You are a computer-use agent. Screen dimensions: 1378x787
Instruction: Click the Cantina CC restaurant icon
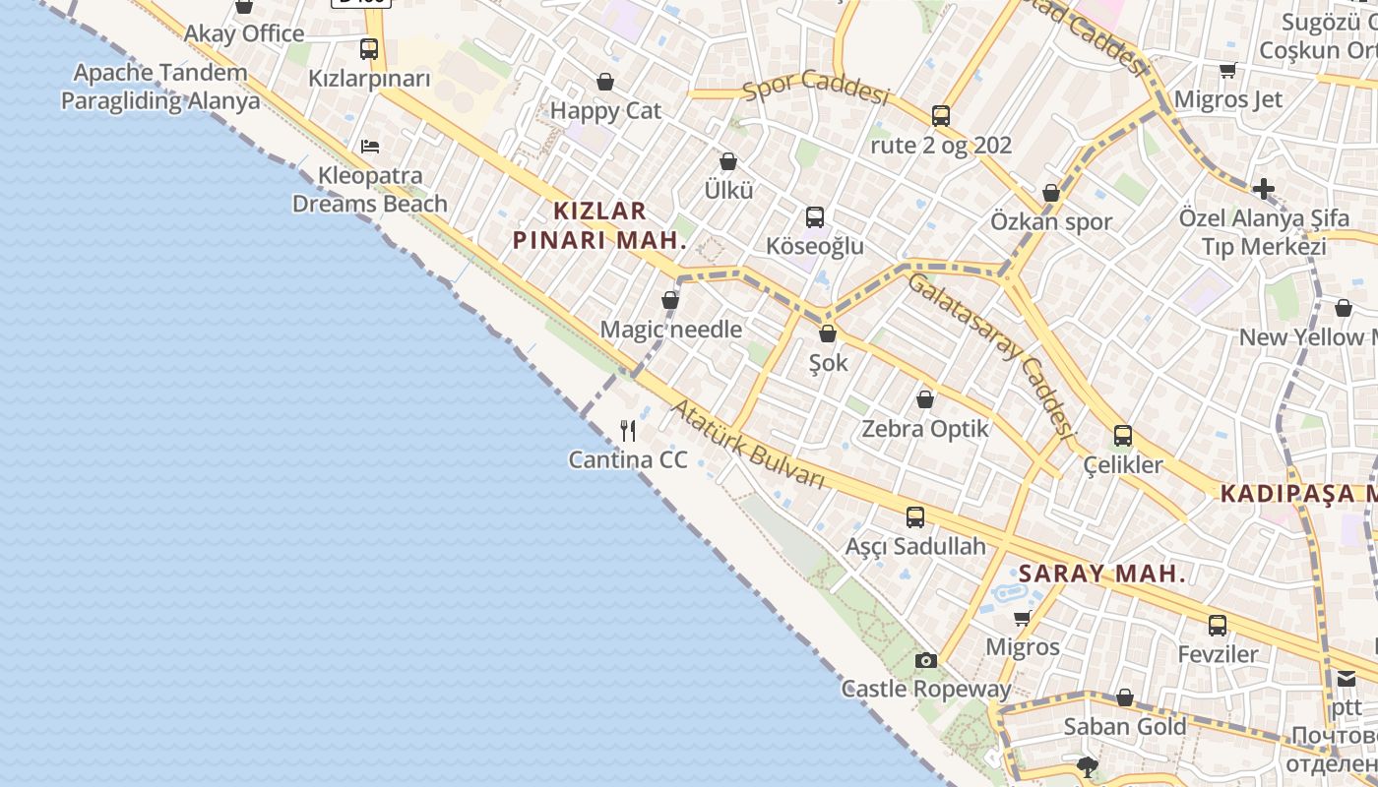point(628,431)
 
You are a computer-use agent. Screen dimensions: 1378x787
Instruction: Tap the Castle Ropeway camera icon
point(925,660)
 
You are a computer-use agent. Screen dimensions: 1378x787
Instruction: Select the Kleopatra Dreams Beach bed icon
point(370,147)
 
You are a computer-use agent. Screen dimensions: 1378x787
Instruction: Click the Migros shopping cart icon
point(1023,618)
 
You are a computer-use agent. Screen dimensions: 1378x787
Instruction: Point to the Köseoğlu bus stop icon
point(815,217)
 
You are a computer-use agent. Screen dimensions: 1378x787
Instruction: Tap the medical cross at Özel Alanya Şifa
point(1264,188)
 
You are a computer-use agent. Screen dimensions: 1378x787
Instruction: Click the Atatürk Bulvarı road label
point(748,443)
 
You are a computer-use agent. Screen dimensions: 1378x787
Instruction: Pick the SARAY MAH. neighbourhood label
point(1102,575)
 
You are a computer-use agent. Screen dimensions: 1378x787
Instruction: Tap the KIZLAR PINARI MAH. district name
point(599,225)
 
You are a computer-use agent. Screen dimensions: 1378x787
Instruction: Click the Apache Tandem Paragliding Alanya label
point(160,87)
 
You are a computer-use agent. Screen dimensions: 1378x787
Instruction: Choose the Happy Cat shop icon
point(605,82)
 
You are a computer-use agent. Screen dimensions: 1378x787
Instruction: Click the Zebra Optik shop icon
point(925,399)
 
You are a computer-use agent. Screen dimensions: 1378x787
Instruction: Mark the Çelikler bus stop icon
point(1123,435)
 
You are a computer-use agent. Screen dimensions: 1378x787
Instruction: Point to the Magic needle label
point(671,330)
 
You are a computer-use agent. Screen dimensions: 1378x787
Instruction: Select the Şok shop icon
point(828,334)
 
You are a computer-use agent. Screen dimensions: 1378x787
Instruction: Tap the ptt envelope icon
point(1346,678)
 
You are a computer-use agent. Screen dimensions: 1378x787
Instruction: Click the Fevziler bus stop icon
point(1218,625)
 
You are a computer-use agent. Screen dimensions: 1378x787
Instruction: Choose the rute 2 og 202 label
point(941,146)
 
